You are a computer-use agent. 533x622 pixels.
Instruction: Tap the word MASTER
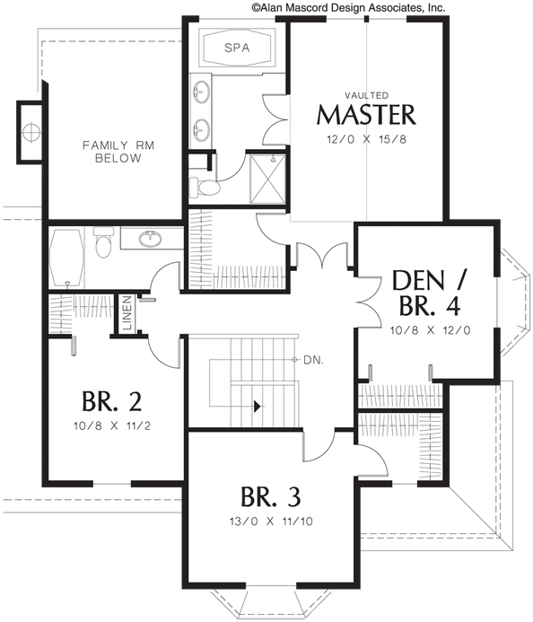click(x=366, y=115)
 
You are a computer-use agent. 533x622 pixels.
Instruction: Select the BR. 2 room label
click(x=111, y=400)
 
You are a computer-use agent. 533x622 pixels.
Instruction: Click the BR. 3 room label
click(x=270, y=495)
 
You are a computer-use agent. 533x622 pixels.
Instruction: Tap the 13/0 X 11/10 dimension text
click(x=270, y=521)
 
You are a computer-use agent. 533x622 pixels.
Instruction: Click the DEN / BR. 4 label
click(x=427, y=293)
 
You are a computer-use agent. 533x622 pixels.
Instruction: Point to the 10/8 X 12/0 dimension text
click(x=427, y=330)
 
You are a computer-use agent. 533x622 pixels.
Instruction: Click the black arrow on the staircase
click(x=258, y=406)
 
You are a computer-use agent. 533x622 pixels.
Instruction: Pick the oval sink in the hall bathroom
click(x=152, y=238)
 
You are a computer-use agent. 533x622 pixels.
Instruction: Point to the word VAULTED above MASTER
click(x=366, y=94)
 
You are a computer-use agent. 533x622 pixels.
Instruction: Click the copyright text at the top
click(x=347, y=6)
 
